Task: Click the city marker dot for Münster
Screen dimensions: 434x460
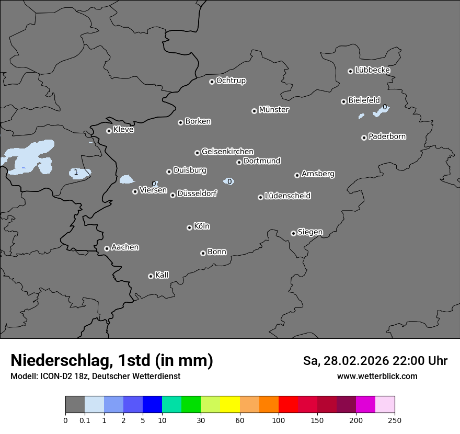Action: click(254, 111)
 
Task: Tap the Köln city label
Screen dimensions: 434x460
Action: click(202, 226)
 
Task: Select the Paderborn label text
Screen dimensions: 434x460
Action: click(387, 136)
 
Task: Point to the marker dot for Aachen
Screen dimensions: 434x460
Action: click(107, 248)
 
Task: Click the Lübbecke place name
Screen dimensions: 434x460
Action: click(372, 70)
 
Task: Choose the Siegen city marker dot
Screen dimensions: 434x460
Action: click(293, 233)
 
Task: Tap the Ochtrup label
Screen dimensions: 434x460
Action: click(231, 81)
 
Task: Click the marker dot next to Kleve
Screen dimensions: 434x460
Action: click(109, 131)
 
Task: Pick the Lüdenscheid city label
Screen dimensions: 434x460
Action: click(287, 196)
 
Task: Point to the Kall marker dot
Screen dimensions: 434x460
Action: click(151, 276)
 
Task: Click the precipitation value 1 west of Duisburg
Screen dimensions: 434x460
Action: click(76, 172)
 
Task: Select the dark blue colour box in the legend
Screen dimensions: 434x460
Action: click(152, 405)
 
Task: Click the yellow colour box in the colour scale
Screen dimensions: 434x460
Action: click(230, 405)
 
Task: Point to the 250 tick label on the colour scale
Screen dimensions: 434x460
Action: click(395, 420)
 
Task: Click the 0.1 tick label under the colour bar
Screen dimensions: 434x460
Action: click(84, 420)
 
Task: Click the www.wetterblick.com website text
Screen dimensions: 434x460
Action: click(377, 376)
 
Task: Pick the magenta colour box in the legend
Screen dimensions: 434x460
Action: click(365, 405)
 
